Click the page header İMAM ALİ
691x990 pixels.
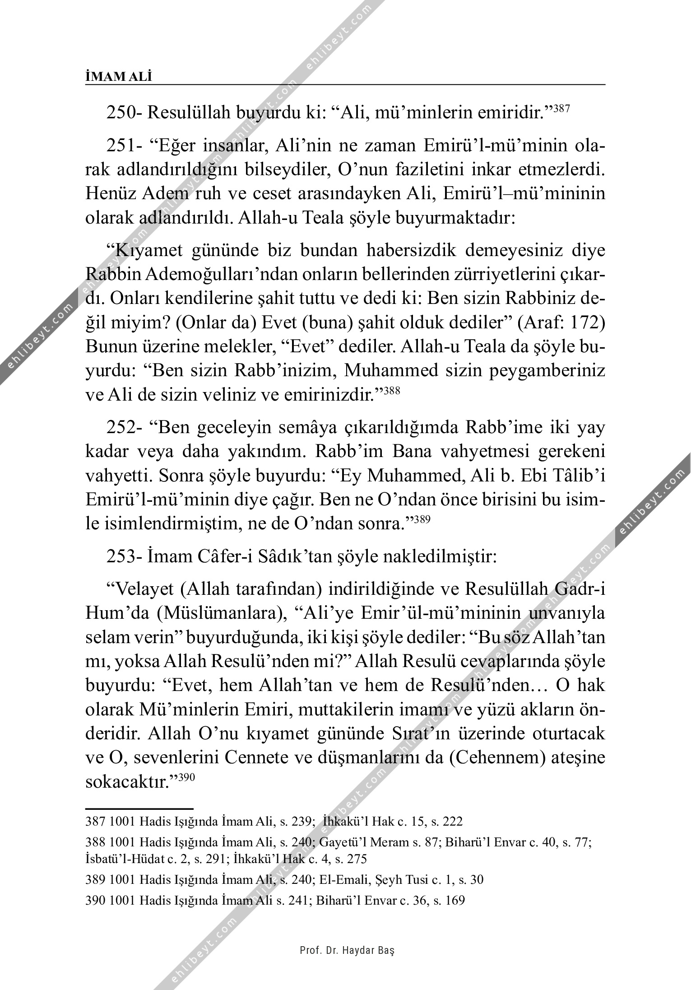pyautogui.click(x=119, y=77)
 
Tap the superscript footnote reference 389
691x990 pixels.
pyautogui.click(x=423, y=520)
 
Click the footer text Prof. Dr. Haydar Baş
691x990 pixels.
pyautogui.click(x=347, y=950)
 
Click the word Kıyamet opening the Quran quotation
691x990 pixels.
pyautogui.click(x=149, y=250)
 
